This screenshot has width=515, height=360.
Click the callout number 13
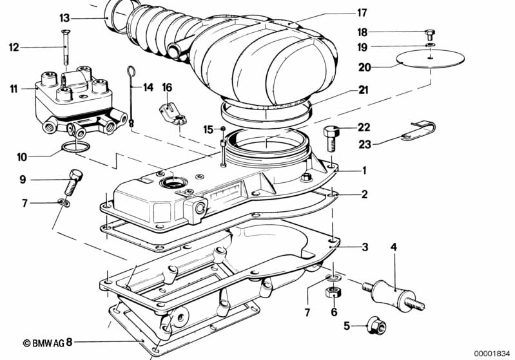pyautogui.click(x=64, y=17)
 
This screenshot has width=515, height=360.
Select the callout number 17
pyautogui.click(x=362, y=12)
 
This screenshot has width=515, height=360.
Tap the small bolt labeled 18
pyautogui.click(x=431, y=33)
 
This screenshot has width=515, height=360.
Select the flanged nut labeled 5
pyautogui.click(x=373, y=325)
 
